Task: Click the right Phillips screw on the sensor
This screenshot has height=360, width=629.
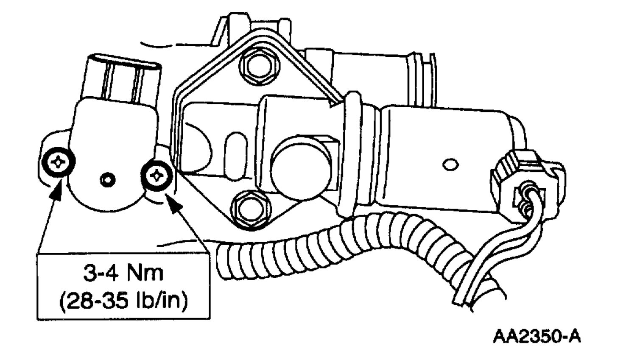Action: (157, 174)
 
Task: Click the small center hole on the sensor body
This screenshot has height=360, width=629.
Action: (109, 180)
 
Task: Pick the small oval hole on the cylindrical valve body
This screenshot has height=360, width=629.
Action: (450, 164)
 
